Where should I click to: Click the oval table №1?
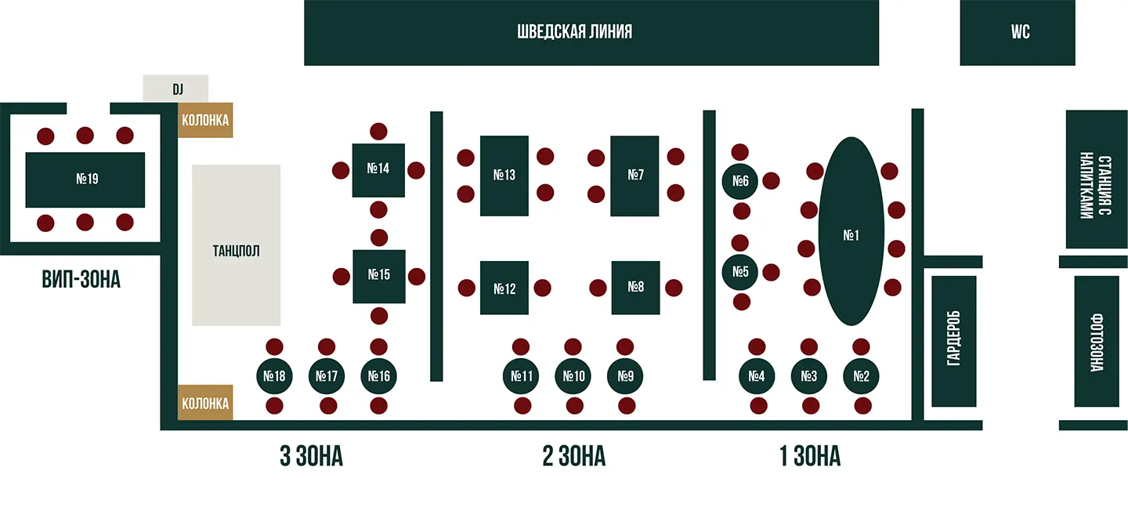pos(851,231)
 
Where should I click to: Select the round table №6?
pos(739,181)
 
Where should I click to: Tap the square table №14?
pos(378,170)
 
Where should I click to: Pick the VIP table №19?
pos(85,180)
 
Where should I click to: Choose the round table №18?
pos(274,376)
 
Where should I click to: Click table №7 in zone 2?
pos(634,176)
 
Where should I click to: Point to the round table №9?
pos(625,376)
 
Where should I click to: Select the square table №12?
pos(504,288)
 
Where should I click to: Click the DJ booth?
pos(175,89)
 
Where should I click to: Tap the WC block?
pos(1018,33)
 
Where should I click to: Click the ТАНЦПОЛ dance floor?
pos(237,245)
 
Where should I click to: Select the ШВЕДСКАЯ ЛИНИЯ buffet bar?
pos(591,33)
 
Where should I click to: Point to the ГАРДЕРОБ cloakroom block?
pos(954,341)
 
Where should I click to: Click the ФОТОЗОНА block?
pos(1097,341)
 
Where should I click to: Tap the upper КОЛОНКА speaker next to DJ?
pos(205,120)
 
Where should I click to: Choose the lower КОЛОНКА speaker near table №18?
pos(205,403)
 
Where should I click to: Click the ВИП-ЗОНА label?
pos(81,280)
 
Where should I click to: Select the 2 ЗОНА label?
pos(574,456)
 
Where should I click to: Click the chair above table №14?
pos(378,132)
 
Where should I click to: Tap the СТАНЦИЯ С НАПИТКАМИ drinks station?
pos(1097,179)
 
